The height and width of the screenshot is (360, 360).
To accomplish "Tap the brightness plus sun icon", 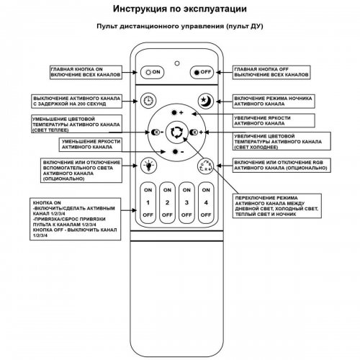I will click(x=177, y=114).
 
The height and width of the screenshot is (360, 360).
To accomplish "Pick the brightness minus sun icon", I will click(x=177, y=152).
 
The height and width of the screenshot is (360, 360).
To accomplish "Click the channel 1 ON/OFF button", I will click(x=148, y=202).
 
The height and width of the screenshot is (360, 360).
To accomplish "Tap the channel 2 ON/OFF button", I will click(x=167, y=202).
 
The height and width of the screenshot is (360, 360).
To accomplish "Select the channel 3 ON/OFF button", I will click(x=187, y=202).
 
